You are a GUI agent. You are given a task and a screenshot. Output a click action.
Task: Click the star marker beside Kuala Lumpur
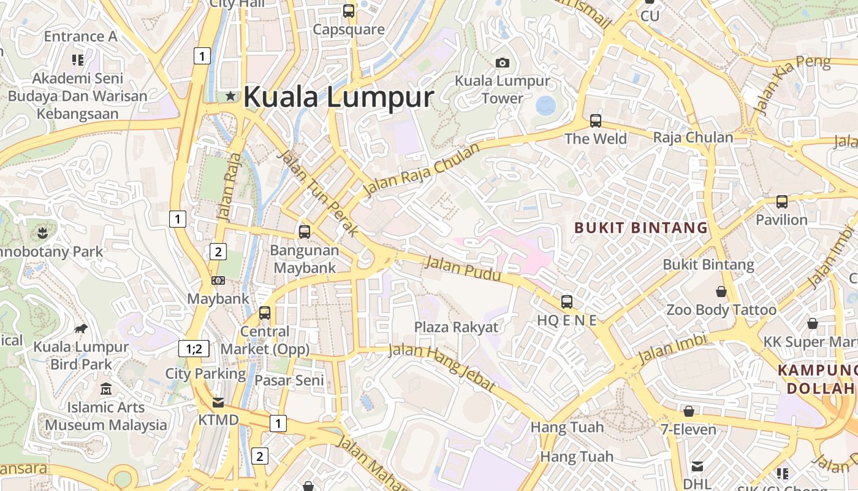[230, 96]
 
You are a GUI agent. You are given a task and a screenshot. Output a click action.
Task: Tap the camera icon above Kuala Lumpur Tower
[503, 63]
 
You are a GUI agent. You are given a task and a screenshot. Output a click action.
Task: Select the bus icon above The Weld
[596, 121]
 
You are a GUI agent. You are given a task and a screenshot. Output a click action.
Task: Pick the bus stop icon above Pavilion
[781, 201]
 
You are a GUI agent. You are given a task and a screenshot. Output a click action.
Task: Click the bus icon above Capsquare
[349, 10]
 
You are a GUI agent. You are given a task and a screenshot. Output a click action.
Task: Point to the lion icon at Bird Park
[81, 329]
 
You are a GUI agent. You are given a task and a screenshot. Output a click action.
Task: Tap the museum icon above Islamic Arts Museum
[106, 389]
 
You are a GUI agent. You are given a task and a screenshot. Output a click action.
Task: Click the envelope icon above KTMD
[218, 403]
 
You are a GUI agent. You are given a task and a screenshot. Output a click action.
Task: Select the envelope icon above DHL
[697, 466]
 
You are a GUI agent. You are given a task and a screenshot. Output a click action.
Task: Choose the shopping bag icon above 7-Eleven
[688, 411]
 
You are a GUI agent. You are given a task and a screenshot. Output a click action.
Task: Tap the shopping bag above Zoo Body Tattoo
[721, 291]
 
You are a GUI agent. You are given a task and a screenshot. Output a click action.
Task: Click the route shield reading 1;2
[194, 349]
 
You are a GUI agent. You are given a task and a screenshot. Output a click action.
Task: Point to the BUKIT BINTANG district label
[641, 228]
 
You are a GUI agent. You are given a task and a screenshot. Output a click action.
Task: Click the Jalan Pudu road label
[463, 269]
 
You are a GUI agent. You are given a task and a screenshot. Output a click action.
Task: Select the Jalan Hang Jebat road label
[441, 367]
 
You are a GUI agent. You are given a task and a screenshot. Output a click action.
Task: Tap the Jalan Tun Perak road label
[318, 192]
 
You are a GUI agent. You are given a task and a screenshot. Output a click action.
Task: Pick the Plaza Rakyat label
[457, 327]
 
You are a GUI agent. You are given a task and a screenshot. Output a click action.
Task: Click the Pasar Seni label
[289, 381]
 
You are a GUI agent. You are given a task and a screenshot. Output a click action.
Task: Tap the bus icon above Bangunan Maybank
[305, 232]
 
